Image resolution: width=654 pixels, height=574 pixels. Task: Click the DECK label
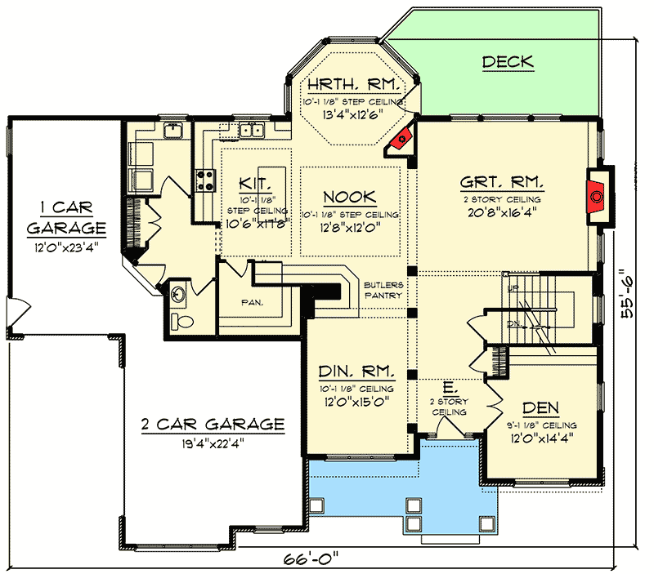click(508, 61)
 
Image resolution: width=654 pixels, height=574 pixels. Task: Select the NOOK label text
click(349, 197)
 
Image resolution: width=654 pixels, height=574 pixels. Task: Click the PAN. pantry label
click(252, 302)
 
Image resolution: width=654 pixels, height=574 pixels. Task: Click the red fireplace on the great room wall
click(598, 196)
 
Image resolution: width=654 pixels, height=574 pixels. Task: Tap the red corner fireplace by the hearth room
click(401, 140)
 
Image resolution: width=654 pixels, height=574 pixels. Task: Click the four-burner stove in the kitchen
click(204, 181)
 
